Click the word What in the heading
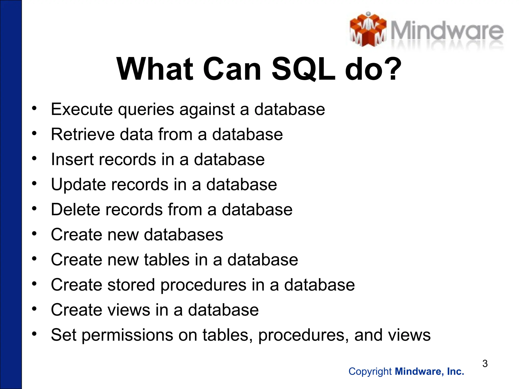(155, 69)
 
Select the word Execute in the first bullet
(82, 109)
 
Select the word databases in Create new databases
(183, 235)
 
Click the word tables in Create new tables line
(167, 260)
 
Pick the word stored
(131, 285)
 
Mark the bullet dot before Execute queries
(34, 108)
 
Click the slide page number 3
(485, 364)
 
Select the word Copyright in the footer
(370, 372)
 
